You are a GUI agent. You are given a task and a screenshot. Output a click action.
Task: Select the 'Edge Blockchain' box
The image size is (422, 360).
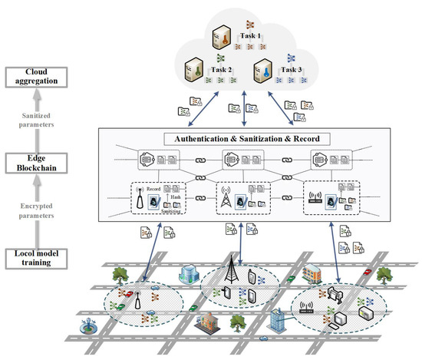pyautogui.click(x=37, y=163)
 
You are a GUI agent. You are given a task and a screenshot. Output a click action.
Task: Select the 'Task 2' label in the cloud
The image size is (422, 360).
pyautogui.click(x=221, y=70)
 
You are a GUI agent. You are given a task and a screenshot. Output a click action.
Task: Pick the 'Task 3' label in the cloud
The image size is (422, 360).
pyautogui.click(x=290, y=70)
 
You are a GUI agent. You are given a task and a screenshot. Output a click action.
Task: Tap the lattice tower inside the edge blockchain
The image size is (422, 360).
pyautogui.click(x=225, y=198)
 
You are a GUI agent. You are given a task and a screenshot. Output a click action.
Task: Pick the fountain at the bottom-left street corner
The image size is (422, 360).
pyautogui.click(x=79, y=335)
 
